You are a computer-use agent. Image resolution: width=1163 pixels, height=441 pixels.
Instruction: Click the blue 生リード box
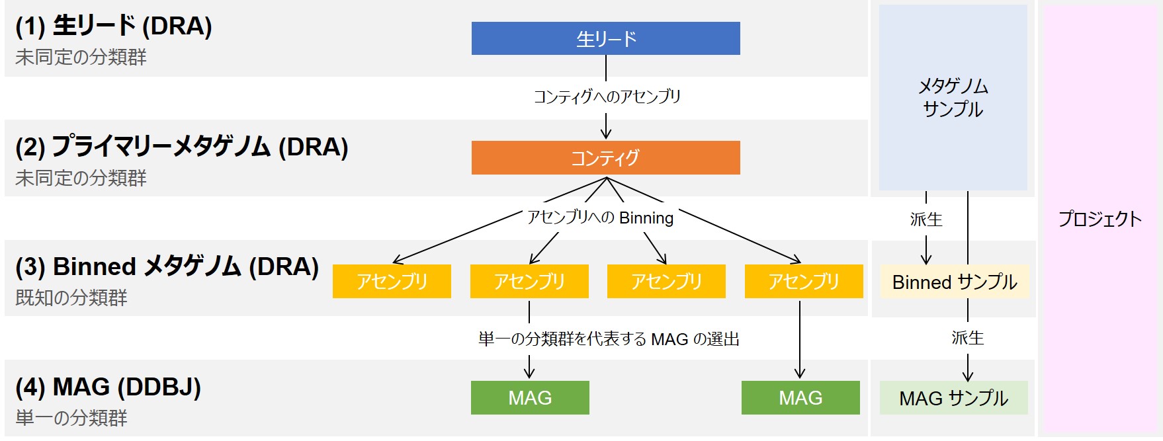coord(605,38)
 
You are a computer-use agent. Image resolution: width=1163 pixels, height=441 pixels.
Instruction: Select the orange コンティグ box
coord(605,157)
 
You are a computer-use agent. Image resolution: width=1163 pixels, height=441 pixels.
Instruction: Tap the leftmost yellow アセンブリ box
coord(392,282)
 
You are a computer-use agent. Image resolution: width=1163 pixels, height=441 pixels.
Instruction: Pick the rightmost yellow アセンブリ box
coord(804,282)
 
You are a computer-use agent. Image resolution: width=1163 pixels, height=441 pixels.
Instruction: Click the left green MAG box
coord(530,398)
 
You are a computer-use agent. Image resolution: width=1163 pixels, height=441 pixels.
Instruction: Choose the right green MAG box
coord(800,398)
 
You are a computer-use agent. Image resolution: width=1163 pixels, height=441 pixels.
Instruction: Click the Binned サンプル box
coord(954,282)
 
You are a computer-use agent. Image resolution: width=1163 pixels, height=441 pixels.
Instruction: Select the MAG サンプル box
coord(953,398)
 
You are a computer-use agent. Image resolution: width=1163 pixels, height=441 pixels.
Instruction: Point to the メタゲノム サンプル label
coord(953,97)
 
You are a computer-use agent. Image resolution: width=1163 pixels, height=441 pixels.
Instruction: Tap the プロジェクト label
coord(1099,219)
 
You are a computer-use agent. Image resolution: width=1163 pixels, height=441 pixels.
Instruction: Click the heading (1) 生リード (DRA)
coord(114,26)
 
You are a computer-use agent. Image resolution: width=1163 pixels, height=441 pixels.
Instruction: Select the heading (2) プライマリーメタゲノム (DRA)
coord(182,147)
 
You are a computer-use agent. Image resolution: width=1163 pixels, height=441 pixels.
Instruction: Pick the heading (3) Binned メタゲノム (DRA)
coord(167,266)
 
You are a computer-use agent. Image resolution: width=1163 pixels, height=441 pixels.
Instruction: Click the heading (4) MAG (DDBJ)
coord(108,387)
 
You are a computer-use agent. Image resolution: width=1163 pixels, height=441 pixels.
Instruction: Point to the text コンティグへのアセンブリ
coord(607,97)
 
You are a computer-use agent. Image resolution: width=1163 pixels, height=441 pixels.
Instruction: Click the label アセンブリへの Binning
coord(600,218)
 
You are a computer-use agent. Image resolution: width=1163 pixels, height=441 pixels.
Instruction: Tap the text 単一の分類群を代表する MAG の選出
coord(609,339)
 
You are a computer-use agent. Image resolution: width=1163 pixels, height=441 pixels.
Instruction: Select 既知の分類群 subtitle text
coord(71,298)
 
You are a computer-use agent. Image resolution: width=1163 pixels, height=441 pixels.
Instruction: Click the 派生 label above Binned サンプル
coord(926,219)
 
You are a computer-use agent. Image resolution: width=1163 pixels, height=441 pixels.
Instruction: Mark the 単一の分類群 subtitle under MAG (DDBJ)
coord(71,418)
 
